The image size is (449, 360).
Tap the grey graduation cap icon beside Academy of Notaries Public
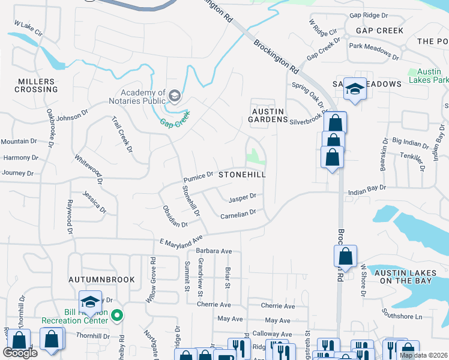[x=175, y=95]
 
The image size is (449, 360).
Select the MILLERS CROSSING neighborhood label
[x=37, y=85]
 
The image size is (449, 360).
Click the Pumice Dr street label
[x=198, y=177]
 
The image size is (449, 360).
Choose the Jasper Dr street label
[x=243, y=197]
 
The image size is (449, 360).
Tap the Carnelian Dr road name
[x=238, y=214]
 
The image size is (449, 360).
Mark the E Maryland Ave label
[x=181, y=241]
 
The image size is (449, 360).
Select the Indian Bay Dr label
[x=366, y=189]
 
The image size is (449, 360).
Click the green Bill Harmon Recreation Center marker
[x=118, y=314]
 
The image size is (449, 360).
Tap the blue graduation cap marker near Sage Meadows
[x=355, y=89]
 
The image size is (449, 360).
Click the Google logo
[x=20, y=353]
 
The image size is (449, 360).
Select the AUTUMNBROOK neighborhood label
[x=94, y=280]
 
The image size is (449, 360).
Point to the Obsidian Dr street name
[x=175, y=217]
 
